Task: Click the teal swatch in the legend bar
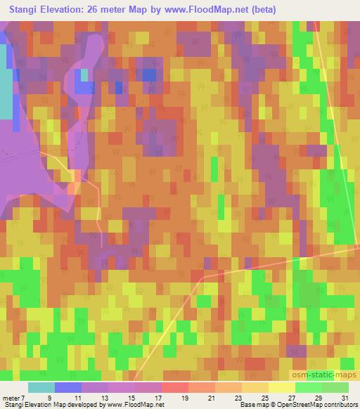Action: click(x=41, y=387)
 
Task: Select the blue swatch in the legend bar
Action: click(x=68, y=387)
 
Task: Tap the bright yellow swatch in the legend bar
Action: click(x=281, y=387)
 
